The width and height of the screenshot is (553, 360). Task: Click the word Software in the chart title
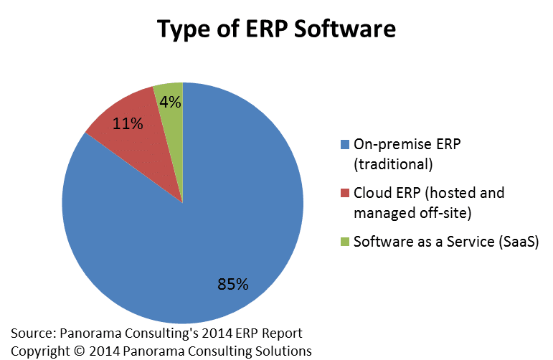point(344,29)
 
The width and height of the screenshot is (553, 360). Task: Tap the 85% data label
point(233,285)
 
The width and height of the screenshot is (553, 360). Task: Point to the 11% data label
point(128,123)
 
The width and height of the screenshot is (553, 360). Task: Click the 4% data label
point(170,102)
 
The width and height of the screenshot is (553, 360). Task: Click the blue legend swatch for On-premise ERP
point(346,143)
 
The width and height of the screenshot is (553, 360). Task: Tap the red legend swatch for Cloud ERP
point(346,193)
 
